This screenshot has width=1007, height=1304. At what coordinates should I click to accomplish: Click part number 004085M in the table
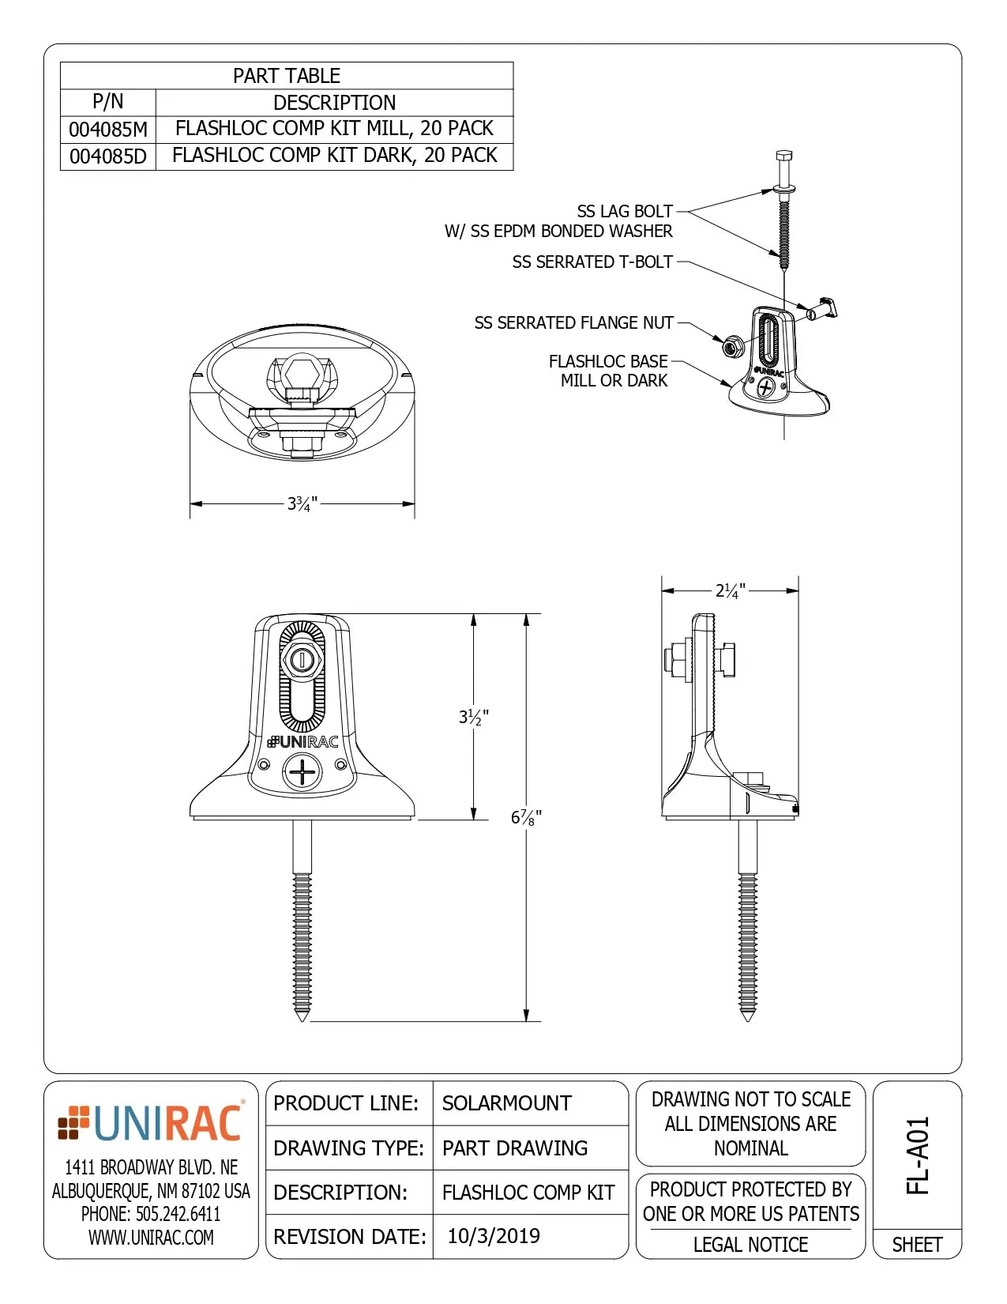pos(108,129)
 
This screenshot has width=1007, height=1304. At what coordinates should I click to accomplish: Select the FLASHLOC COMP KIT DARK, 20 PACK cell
pos(335,155)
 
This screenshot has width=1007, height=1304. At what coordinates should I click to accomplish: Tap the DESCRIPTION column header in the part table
pos(335,103)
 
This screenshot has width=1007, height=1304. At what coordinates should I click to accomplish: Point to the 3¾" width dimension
pos(302,503)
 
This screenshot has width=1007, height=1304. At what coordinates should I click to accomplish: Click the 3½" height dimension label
pos(474,717)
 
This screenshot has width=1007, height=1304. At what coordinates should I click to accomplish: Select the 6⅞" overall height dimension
pos(526,817)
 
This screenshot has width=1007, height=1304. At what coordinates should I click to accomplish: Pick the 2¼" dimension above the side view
pos(730,590)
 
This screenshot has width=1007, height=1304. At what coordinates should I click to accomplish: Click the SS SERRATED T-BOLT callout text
pos(592,262)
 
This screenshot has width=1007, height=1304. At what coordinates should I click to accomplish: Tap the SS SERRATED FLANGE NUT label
pos(573,322)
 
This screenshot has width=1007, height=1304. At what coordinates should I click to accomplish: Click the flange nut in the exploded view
pos(732,345)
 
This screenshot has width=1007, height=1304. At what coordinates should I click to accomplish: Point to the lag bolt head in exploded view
pos(783,157)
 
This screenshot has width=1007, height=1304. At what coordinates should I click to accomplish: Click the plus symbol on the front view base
pos(302,771)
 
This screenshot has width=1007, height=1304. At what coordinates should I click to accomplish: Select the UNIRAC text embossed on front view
pos(304,741)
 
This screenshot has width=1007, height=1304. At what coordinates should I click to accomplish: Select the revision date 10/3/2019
pos(494,1236)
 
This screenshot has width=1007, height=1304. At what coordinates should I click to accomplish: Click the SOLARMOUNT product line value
pos(506,1103)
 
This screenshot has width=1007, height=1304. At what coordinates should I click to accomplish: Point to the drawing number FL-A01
pos(917,1155)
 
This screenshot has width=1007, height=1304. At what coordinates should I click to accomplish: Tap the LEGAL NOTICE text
pos(750,1245)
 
